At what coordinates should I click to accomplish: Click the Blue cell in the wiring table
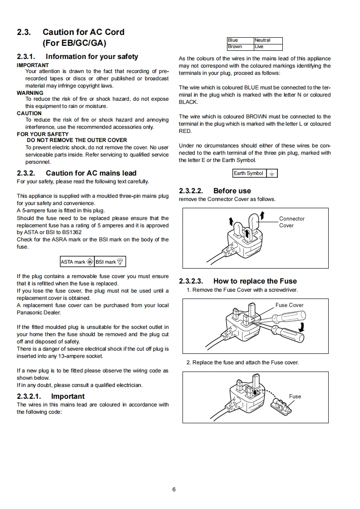pos(241,40)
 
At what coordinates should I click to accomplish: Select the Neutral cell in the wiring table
pos(268,40)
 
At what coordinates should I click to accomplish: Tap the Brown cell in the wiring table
pos(241,47)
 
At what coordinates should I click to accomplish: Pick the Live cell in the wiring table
pos(268,47)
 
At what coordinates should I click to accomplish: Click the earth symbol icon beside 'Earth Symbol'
pos(272,173)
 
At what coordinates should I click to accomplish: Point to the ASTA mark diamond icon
pos(90,262)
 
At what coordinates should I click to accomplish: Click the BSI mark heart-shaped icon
pos(120,262)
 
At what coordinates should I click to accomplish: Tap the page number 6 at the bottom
pos(174,489)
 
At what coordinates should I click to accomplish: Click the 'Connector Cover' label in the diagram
pos(292,222)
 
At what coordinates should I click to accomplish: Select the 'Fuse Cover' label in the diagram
pos(290,305)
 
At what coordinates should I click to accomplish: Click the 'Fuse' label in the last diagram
pos(295,396)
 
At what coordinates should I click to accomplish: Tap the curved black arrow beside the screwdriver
pos(302,327)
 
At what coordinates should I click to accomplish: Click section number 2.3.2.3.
pos(191,281)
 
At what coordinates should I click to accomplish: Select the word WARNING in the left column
pos(30,93)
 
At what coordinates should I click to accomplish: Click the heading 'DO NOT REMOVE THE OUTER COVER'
pos(77,140)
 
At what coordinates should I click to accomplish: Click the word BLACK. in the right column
pos(188,102)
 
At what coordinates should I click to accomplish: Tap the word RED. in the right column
pos(185,131)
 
